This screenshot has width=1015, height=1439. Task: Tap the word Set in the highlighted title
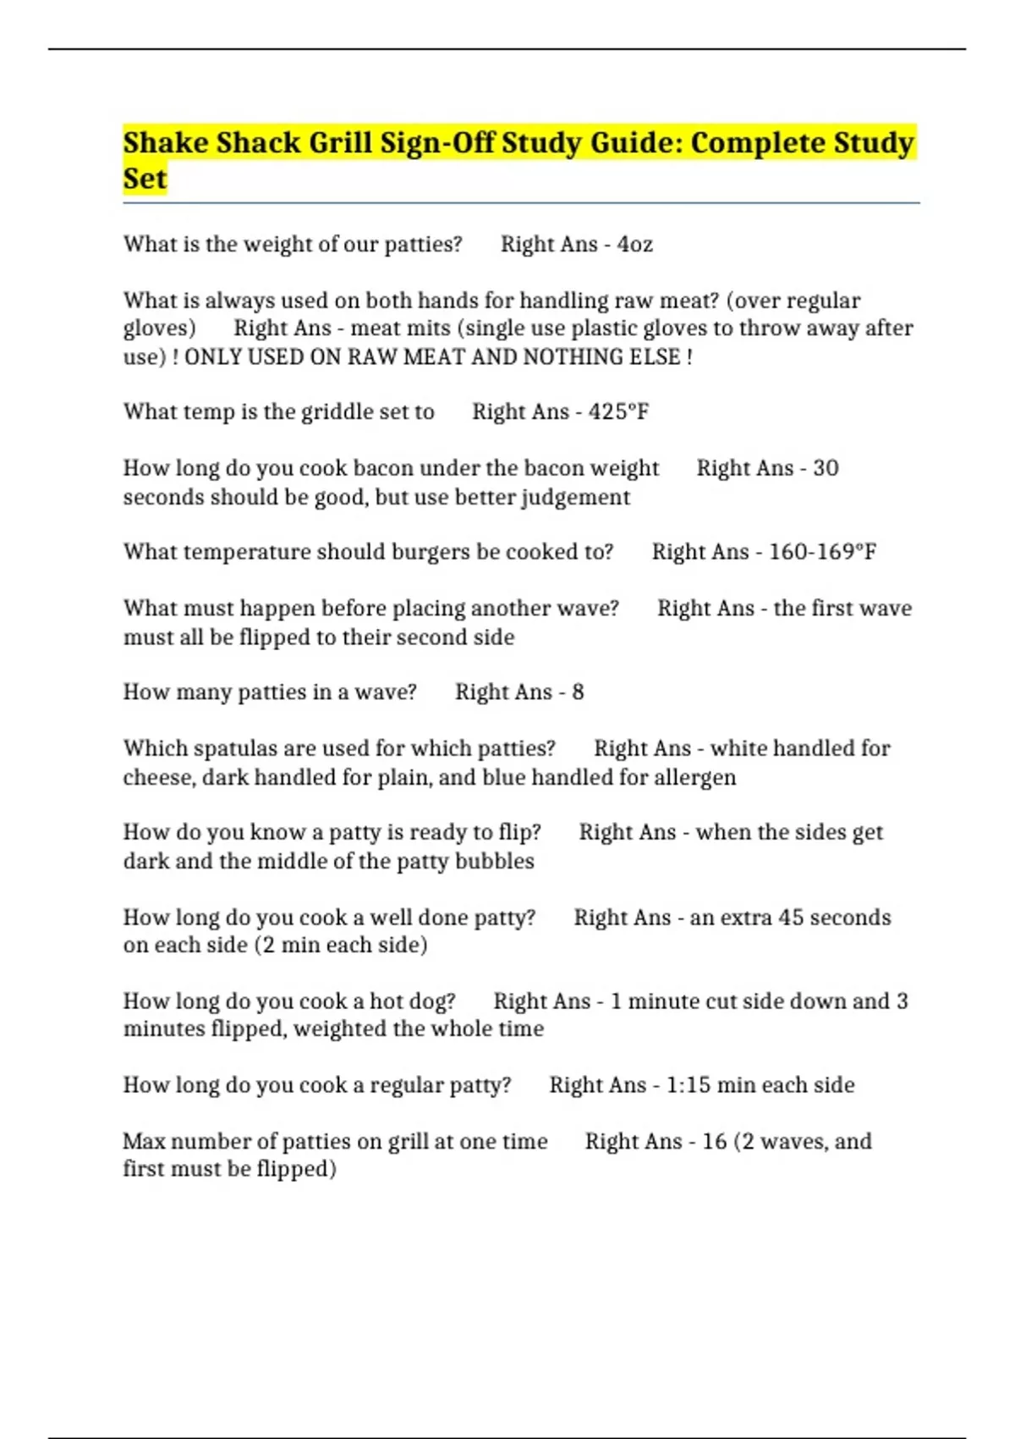(x=145, y=179)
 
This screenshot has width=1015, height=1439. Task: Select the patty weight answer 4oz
(x=634, y=245)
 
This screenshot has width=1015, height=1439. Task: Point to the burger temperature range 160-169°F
(x=822, y=552)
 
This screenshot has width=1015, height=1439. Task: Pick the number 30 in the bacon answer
(x=826, y=468)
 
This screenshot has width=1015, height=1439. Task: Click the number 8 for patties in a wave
(x=578, y=692)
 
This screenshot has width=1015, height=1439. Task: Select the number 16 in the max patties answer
(x=714, y=1142)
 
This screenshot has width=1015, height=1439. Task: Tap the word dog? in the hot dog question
(x=429, y=1001)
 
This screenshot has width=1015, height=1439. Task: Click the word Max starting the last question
(x=144, y=1142)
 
